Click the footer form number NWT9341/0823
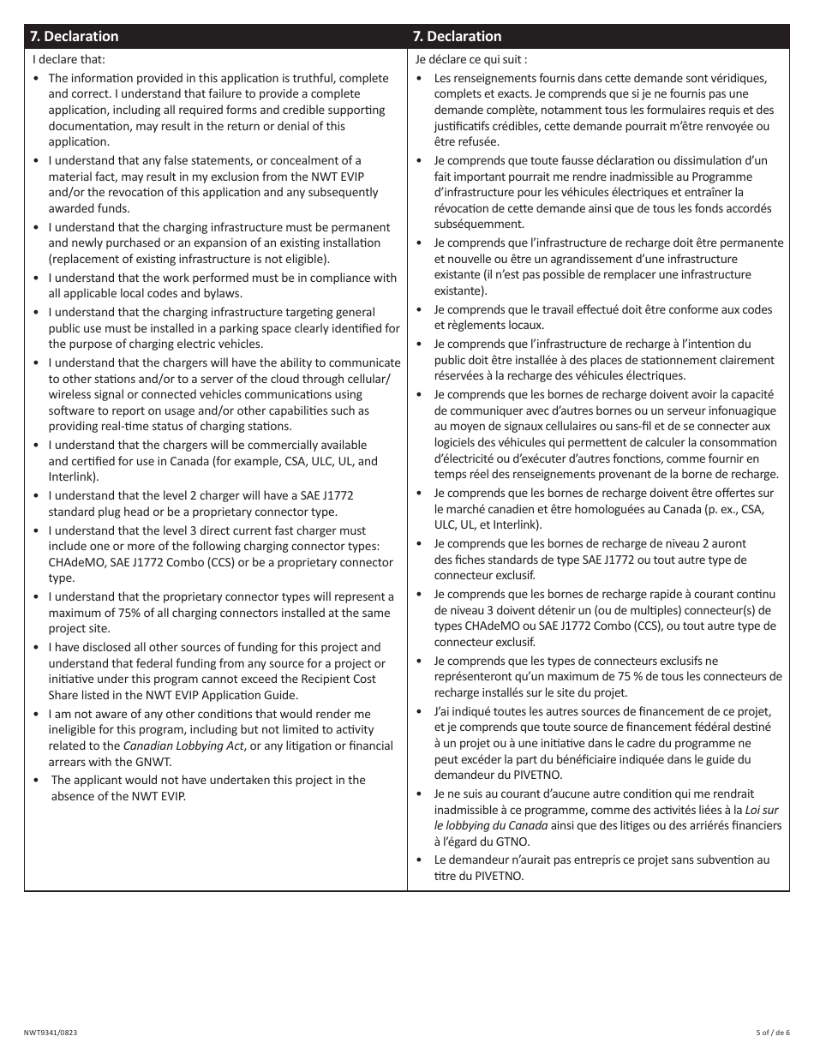[53, 1034]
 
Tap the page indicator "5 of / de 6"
[772, 1034]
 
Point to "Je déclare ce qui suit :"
[471, 60]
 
